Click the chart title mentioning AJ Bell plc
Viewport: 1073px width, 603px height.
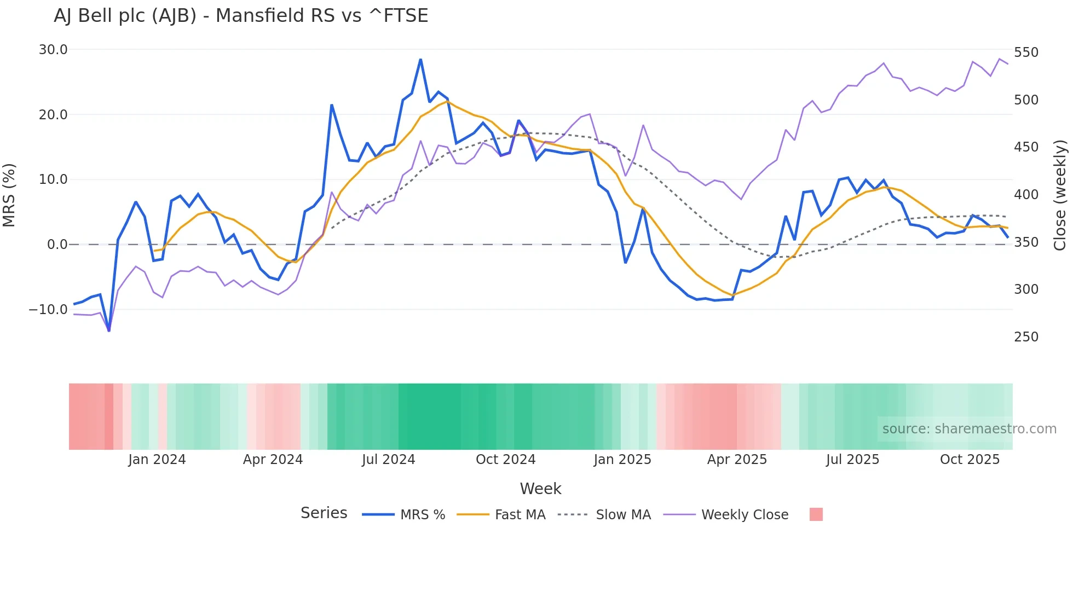tap(241, 16)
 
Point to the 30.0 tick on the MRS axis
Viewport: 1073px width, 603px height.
tap(53, 50)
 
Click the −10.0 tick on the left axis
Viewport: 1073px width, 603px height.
tap(48, 310)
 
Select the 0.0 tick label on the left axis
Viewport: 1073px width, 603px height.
tap(57, 245)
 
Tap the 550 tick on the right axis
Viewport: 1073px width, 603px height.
tap(1026, 53)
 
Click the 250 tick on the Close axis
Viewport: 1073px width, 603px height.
tap(1026, 337)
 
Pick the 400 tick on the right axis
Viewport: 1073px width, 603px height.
tap(1026, 195)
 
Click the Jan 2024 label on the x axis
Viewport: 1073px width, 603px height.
tap(157, 460)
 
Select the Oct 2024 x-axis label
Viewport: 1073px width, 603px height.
tap(505, 460)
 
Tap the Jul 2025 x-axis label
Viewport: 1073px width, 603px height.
tap(852, 460)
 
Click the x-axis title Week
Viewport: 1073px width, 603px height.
tap(540, 489)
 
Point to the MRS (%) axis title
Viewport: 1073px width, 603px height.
tap(9, 195)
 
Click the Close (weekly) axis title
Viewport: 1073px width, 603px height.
tap(1060, 195)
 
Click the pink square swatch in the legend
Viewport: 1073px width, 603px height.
tap(816, 514)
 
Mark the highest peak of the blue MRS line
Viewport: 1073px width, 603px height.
tap(420, 59)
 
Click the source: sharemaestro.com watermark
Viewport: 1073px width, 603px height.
tap(969, 429)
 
